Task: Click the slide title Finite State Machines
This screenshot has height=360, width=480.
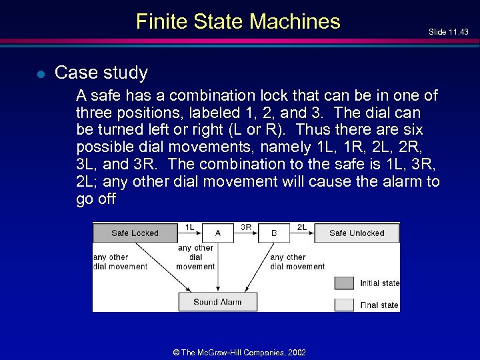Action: [238, 21]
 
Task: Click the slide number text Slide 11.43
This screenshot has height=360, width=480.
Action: [449, 32]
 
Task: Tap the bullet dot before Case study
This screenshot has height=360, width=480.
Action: [40, 74]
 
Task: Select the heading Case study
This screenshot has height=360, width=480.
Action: [101, 72]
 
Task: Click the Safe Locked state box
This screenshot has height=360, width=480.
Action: [135, 233]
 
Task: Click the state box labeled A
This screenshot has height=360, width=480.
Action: [218, 233]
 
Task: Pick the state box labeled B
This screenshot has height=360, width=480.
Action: [275, 233]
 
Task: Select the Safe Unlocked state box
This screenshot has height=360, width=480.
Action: [357, 233]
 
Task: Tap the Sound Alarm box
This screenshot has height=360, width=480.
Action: [217, 301]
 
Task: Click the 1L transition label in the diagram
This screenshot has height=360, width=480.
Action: [190, 227]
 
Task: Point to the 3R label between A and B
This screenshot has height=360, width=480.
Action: [245, 227]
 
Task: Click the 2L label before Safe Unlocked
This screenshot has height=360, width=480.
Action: [301, 227]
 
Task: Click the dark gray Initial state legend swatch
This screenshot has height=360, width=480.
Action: [344, 283]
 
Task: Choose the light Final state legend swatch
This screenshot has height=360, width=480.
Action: [344, 305]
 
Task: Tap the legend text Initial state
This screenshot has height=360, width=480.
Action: [379, 283]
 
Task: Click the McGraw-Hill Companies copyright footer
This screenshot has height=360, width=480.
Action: [239, 352]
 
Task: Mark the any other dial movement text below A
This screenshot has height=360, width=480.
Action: [195, 257]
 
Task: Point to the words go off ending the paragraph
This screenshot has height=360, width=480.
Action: [96, 199]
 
